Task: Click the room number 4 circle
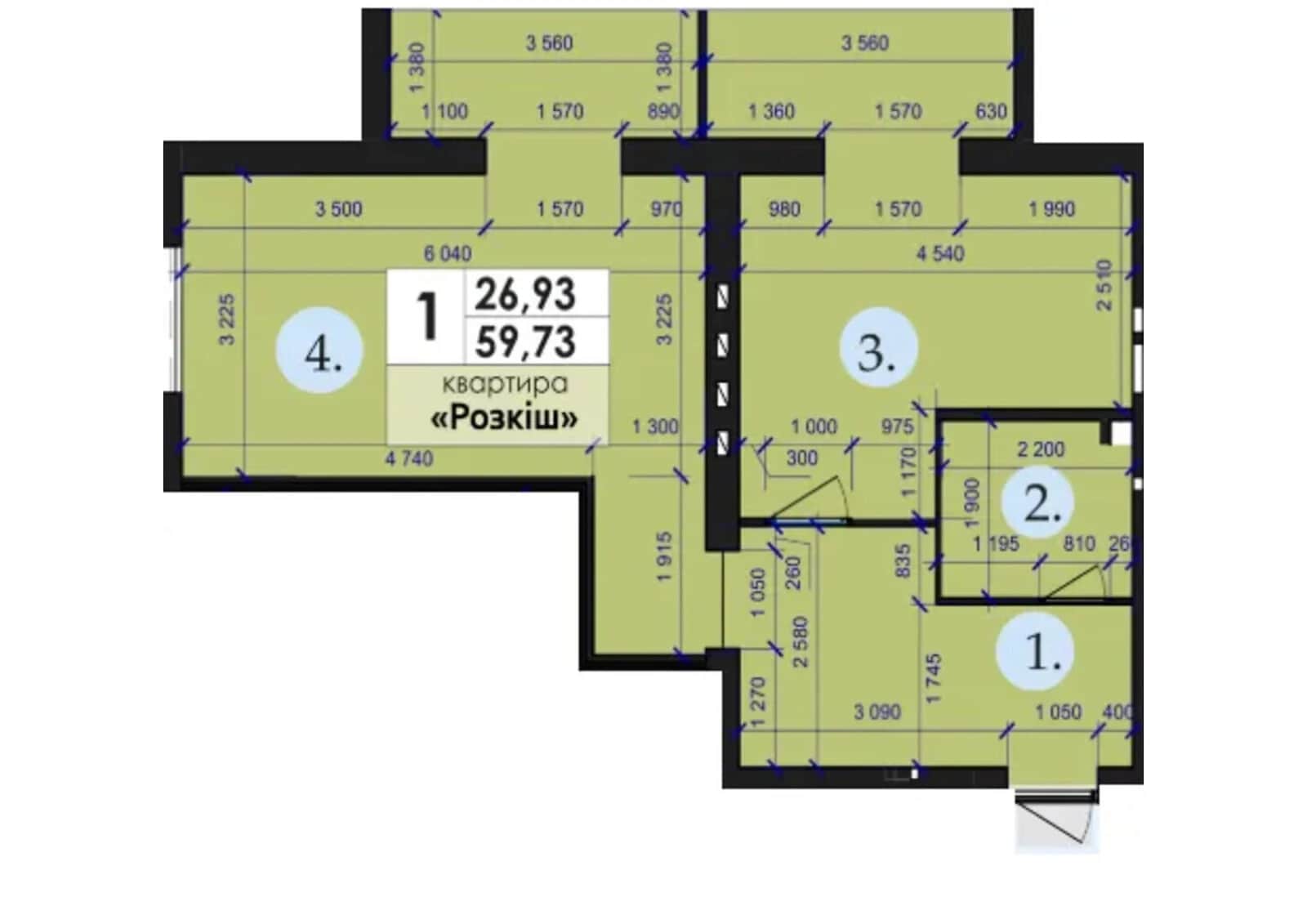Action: [319, 350]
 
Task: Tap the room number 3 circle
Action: [879, 348]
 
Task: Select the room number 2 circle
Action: [1038, 502]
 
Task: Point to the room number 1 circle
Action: [1035, 651]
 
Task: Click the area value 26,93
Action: [525, 295]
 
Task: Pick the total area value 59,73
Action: [525, 342]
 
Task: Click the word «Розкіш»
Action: [504, 417]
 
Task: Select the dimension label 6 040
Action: [448, 254]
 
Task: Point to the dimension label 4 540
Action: [940, 254]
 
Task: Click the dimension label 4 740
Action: [409, 458]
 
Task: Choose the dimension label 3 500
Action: [338, 209]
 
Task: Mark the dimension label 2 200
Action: [1041, 449]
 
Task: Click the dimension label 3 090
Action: [877, 712]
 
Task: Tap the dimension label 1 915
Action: [665, 556]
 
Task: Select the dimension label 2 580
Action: [801, 642]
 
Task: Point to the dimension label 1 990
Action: [1051, 209]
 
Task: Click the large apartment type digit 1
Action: [428, 317]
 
